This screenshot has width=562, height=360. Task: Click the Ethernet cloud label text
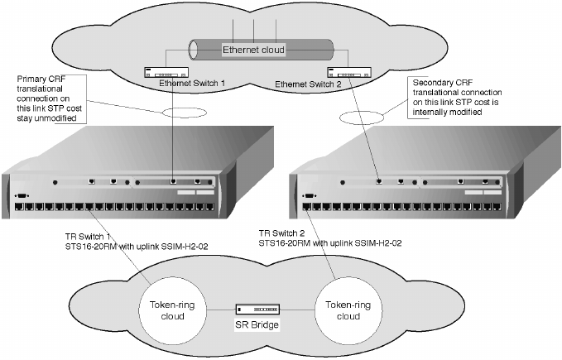coord(253,50)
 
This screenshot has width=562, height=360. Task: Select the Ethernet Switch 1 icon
coord(165,72)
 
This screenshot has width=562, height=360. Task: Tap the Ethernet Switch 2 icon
coord(348,72)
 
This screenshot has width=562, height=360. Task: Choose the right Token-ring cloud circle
coord(348,305)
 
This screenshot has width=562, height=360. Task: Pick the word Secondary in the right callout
coord(434,82)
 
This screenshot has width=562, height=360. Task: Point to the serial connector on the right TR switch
coord(310,196)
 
